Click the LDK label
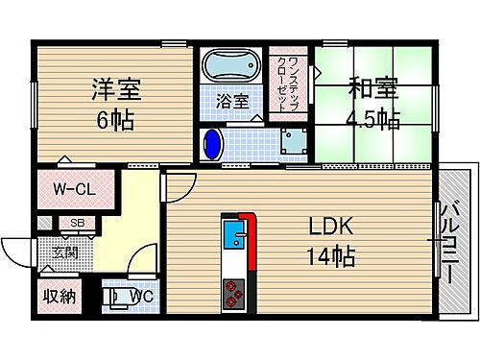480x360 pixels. (x=330, y=228)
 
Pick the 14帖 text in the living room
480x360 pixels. (x=331, y=257)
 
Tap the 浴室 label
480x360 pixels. (x=230, y=99)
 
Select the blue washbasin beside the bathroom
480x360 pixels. (x=213, y=146)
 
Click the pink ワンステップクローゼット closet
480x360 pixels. (x=285, y=83)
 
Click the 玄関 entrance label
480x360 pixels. (x=64, y=253)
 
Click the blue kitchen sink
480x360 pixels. (x=232, y=232)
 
